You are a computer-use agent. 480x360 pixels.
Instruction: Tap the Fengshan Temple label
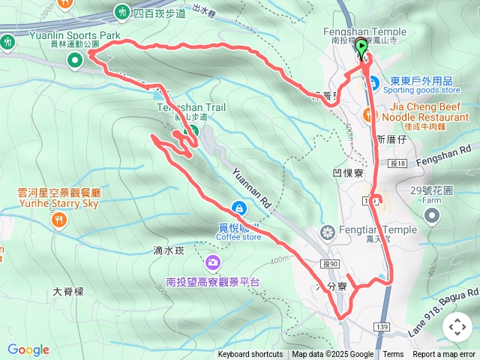click(364, 31)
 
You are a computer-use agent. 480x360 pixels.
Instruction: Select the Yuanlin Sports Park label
click(64, 34)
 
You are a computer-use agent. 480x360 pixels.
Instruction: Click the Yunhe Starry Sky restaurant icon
click(59, 220)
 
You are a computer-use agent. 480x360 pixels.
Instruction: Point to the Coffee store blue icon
click(238, 208)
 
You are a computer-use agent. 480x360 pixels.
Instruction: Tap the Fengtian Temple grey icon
click(326, 230)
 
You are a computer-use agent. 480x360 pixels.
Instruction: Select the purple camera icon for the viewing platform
click(213, 262)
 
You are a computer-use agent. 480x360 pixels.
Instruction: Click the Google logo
click(28, 349)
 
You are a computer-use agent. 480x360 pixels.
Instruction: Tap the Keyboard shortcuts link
click(250, 355)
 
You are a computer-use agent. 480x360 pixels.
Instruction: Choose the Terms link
click(393, 355)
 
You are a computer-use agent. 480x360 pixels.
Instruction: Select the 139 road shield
click(382, 327)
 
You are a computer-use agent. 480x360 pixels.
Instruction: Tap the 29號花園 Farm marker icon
click(431, 216)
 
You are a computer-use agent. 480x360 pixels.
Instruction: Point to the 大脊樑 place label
click(69, 291)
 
